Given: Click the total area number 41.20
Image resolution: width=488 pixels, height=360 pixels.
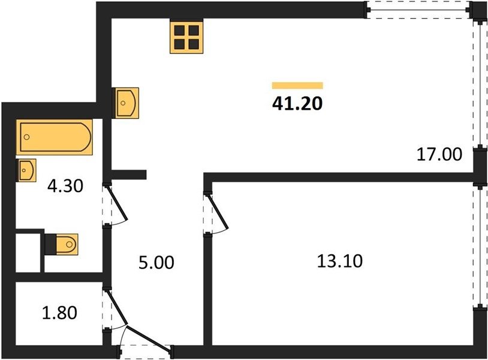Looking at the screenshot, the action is [x=297, y=103].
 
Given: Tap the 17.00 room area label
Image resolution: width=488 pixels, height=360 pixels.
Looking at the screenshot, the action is [x=439, y=154].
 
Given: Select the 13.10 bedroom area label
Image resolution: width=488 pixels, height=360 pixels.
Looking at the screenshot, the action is [x=339, y=261].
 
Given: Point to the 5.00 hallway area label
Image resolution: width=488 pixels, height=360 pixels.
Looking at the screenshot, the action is [x=156, y=262].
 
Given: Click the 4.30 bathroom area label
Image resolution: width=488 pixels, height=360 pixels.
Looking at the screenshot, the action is [x=65, y=186].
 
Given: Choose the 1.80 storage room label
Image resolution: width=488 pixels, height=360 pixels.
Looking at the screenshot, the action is [x=59, y=313].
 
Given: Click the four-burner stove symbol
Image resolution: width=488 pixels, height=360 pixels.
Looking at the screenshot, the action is [x=186, y=37].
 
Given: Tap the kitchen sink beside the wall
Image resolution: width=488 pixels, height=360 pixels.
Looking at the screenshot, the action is [x=126, y=103].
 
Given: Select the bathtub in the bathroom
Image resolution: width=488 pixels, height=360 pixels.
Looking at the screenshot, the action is [x=55, y=137].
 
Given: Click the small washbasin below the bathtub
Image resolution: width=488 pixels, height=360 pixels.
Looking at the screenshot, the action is [x=26, y=170].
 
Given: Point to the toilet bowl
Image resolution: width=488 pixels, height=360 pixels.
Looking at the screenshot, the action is [x=67, y=244].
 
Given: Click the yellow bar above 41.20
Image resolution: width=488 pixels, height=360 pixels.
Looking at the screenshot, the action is [x=297, y=85].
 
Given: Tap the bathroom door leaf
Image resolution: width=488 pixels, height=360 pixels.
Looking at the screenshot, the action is [x=117, y=203].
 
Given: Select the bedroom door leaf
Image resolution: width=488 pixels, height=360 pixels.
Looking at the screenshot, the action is [x=218, y=212].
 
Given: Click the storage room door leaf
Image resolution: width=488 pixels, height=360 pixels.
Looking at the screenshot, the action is [x=117, y=307].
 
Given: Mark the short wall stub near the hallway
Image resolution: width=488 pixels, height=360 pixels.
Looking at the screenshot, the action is [x=129, y=175].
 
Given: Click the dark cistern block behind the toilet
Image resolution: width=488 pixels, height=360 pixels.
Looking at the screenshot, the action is [x=50, y=244].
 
